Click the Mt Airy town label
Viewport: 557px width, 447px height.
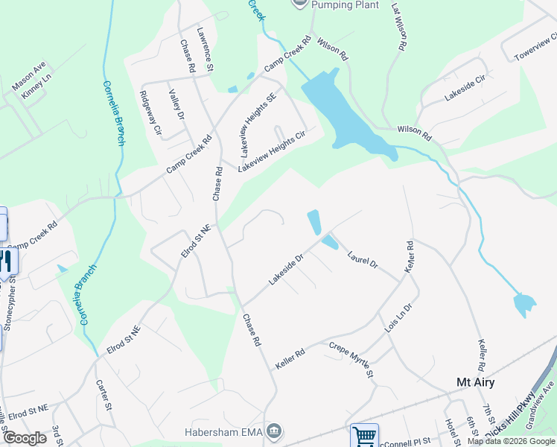(x=475, y=382)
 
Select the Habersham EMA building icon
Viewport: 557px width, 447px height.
(x=274, y=431)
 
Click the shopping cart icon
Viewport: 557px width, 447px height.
(x=364, y=435)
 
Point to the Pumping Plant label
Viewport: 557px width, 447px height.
(x=340, y=4)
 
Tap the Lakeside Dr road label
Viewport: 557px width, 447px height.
(x=287, y=270)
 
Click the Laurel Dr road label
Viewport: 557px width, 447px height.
(x=363, y=259)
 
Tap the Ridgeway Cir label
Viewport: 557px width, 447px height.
(x=150, y=112)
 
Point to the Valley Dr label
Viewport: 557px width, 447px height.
(x=176, y=106)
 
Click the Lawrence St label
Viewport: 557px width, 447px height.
(x=206, y=49)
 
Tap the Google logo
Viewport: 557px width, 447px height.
(x=24, y=438)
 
